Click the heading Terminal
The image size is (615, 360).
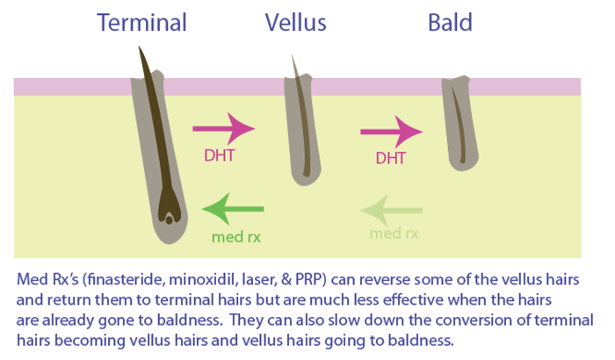tap(141, 22)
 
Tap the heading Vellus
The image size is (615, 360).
tap(295, 22)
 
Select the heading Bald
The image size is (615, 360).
tap(450, 22)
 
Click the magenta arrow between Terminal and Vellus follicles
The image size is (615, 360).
tap(224, 128)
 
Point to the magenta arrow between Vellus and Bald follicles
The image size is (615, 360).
tap(392, 132)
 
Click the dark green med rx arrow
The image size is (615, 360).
tap(233, 209)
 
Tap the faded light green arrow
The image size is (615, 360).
tap(391, 210)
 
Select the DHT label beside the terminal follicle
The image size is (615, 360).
tap(220, 155)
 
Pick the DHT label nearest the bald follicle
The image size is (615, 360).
tap(391, 158)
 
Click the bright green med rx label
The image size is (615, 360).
tap(236, 237)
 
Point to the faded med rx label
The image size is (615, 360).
tap(394, 234)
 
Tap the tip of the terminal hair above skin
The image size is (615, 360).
tap(139, 47)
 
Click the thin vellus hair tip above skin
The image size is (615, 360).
tap(292, 55)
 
